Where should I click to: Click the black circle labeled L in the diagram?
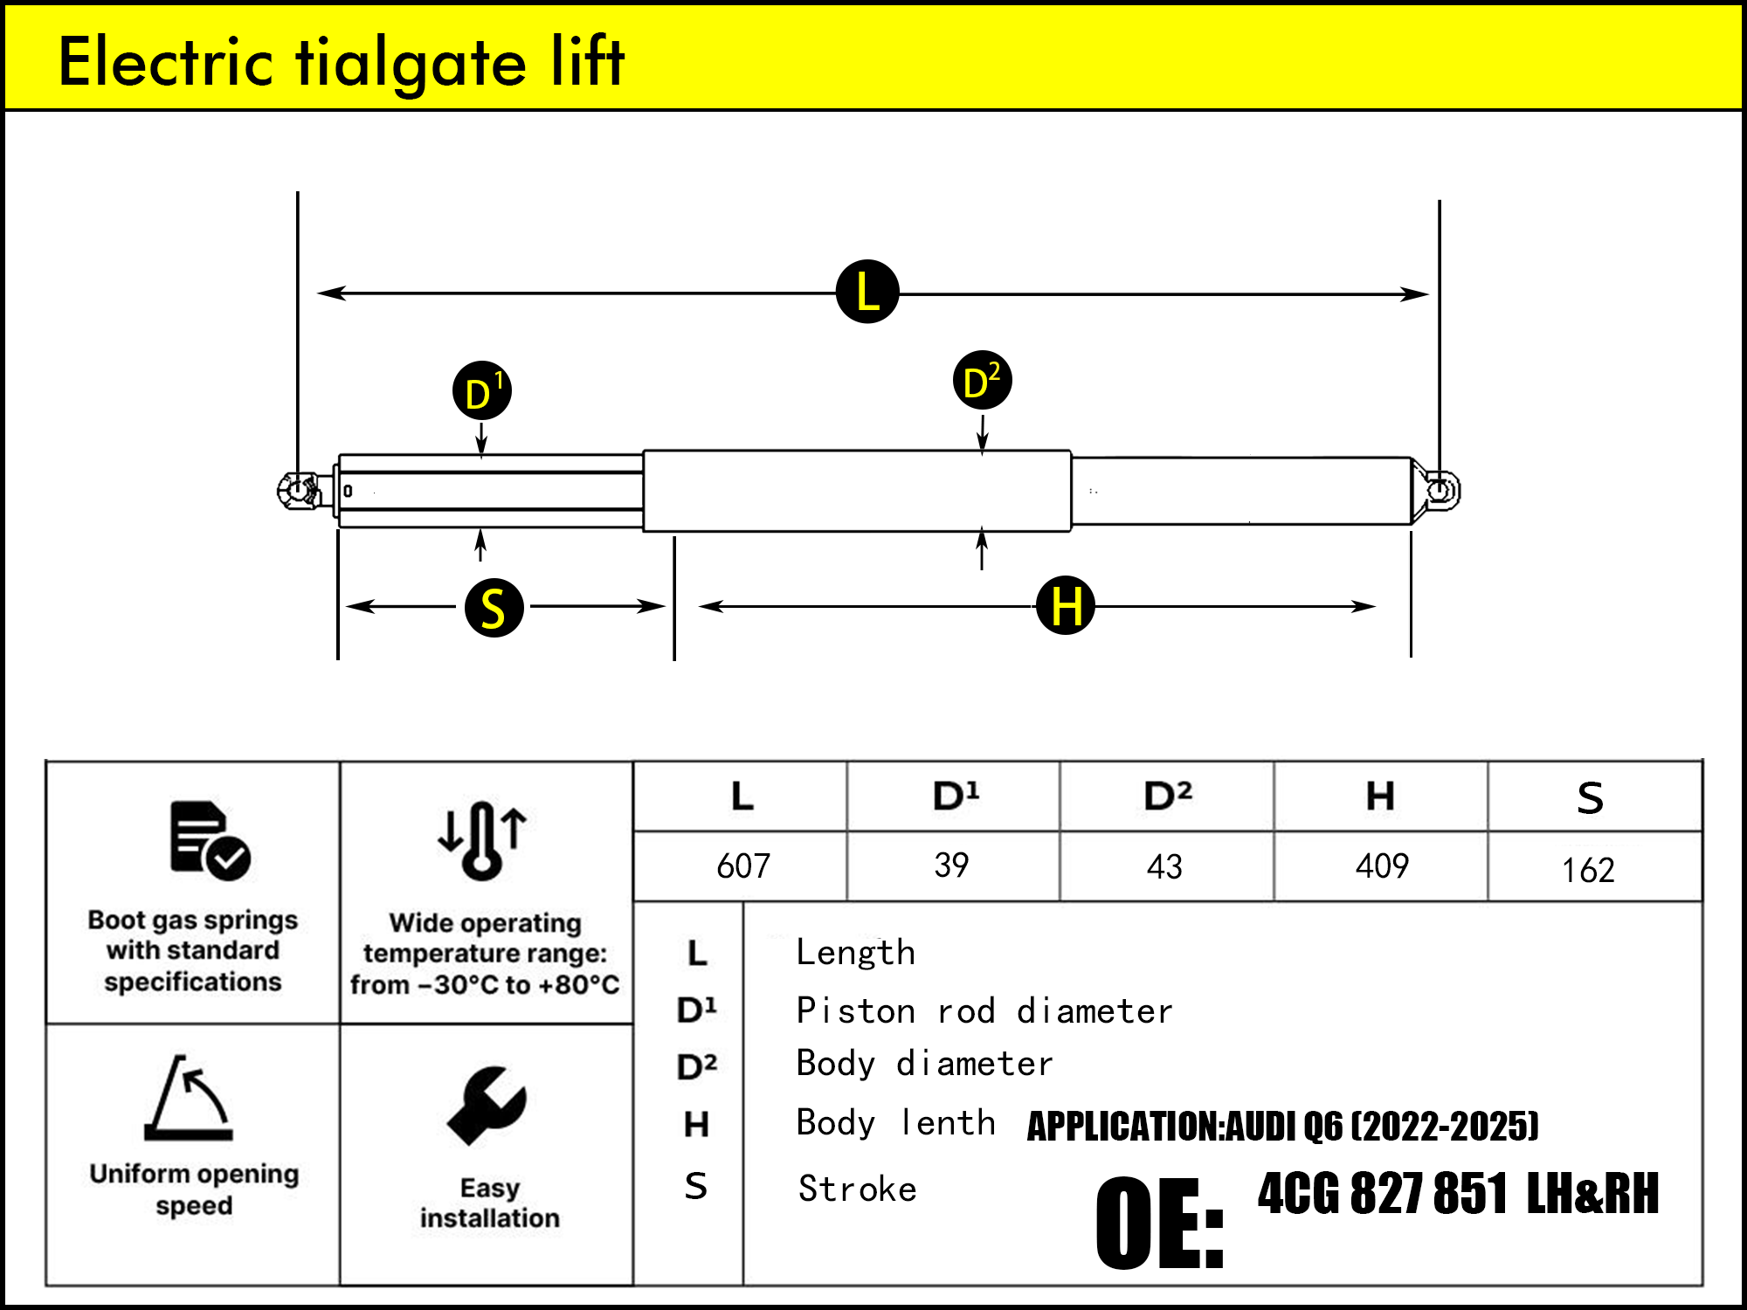(867, 292)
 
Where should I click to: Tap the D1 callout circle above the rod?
(481, 391)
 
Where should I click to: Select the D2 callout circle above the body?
(982, 381)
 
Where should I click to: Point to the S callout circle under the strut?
(494, 607)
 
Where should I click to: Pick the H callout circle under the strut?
(1065, 605)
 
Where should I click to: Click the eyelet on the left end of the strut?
(298, 490)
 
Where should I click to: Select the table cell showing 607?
(742, 866)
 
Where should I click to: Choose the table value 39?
(951, 865)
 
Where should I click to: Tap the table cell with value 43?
(1164, 866)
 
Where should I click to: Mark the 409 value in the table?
(1381, 866)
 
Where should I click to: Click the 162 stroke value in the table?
(1588, 870)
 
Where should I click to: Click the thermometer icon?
(482, 839)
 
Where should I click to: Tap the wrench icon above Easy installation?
(487, 1105)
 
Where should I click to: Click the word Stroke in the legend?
(857, 1189)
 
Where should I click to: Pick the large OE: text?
(1159, 1223)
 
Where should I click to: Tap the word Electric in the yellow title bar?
(166, 63)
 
